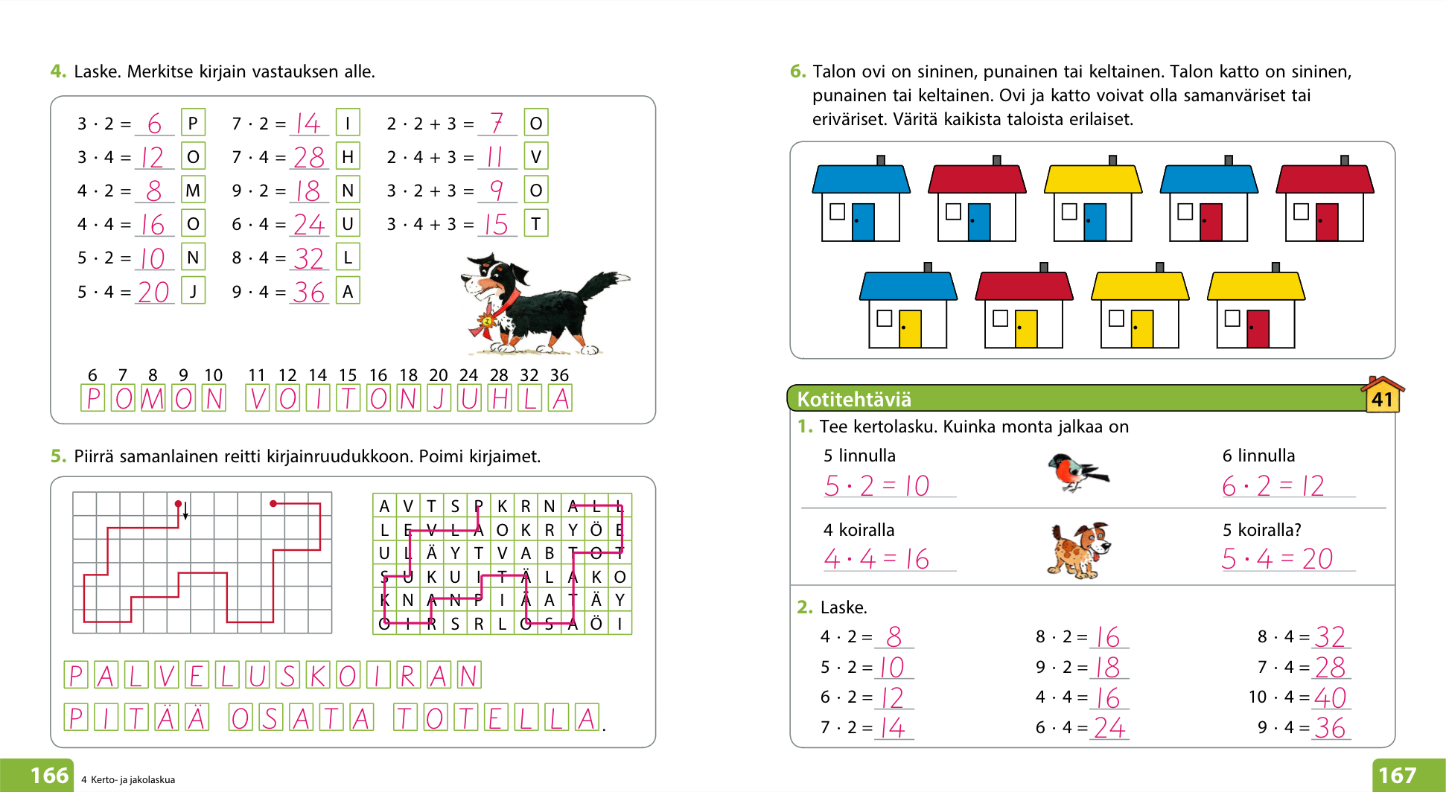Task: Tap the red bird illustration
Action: click(1077, 472)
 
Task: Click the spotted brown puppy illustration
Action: click(1079, 550)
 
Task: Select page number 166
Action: click(49, 776)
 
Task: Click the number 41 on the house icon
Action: click(1382, 400)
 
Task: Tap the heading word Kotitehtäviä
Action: click(854, 400)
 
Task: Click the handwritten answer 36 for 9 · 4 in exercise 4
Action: click(308, 292)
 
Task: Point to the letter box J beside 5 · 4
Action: click(193, 290)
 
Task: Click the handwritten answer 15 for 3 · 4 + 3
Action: click(496, 225)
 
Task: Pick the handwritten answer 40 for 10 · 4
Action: click(1330, 697)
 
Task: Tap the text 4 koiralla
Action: click(859, 530)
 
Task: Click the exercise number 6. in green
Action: click(797, 71)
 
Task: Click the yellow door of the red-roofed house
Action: click(1026, 328)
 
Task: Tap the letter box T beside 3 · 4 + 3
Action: click(535, 223)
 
